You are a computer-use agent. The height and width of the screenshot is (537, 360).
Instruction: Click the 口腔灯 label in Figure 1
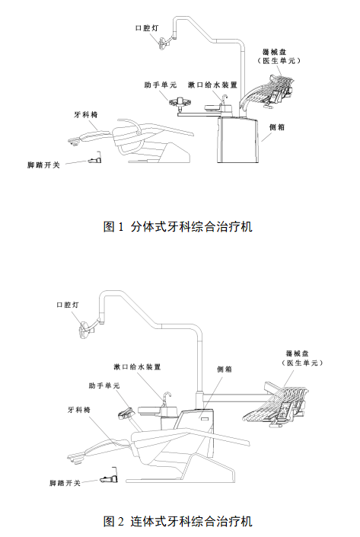(147, 28)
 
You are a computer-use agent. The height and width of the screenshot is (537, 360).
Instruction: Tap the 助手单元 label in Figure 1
(160, 85)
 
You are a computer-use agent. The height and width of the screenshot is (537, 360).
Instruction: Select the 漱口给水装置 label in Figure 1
(212, 85)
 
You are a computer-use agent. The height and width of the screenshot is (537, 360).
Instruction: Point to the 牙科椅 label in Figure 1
(86, 114)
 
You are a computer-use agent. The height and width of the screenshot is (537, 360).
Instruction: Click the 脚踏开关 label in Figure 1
(43, 165)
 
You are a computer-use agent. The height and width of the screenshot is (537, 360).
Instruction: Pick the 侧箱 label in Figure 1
(277, 127)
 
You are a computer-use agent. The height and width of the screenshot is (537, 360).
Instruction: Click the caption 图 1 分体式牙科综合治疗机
(178, 226)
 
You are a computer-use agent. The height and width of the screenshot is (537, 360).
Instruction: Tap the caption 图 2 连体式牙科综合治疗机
(178, 521)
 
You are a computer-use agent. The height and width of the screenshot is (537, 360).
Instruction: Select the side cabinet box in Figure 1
(238, 140)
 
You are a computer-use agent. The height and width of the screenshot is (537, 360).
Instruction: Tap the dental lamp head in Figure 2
(84, 330)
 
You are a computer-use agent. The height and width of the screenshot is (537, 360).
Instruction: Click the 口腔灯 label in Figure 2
(68, 305)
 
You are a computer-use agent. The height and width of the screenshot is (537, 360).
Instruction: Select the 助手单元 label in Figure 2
(104, 385)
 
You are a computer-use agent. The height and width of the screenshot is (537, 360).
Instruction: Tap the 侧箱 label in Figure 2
(225, 369)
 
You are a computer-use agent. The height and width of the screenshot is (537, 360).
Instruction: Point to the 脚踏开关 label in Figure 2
(65, 483)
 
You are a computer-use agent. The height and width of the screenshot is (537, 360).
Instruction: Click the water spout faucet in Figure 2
(167, 399)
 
